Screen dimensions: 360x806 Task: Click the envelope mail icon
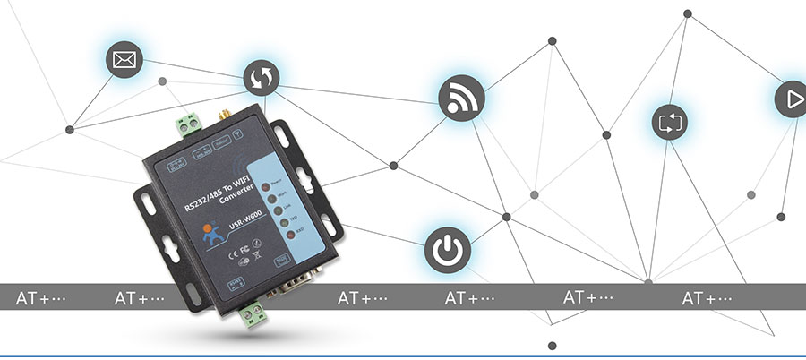point(124,61)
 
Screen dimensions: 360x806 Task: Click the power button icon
point(446,249)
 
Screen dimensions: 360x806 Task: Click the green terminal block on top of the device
point(190,123)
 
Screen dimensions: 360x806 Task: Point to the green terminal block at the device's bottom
point(255,313)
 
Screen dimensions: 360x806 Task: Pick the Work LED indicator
point(271,194)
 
